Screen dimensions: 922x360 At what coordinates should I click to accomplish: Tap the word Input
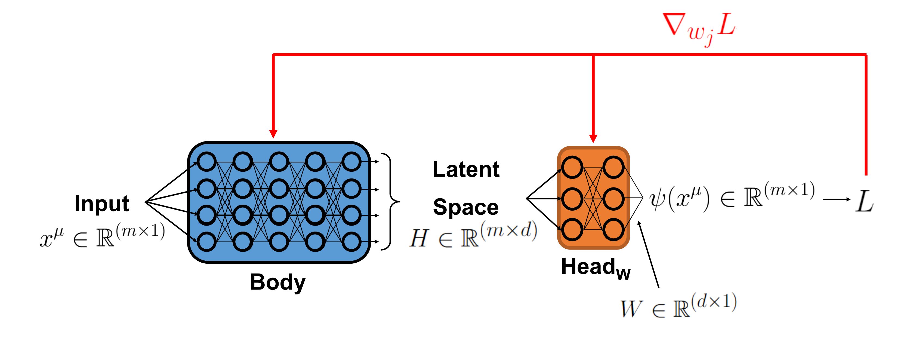point(102,204)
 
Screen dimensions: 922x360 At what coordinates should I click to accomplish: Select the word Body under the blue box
point(278,283)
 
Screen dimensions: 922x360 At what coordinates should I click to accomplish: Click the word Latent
point(466,169)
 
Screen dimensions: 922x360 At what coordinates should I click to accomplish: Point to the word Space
point(466,208)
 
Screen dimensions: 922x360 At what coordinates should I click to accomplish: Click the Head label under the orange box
point(596,268)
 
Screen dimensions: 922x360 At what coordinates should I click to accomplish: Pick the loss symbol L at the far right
point(864,201)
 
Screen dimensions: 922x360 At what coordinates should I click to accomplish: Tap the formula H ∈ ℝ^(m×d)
point(473,234)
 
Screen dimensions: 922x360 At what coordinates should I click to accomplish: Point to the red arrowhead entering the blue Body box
point(273,134)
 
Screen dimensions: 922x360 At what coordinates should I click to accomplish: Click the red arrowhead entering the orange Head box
point(593,139)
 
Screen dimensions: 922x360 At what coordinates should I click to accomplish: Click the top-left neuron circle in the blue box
point(206,161)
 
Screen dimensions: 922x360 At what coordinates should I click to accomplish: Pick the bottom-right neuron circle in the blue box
point(351,242)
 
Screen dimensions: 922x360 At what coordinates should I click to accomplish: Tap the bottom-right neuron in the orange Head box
point(613,229)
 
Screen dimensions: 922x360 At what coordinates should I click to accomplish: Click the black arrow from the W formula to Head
point(648,254)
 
